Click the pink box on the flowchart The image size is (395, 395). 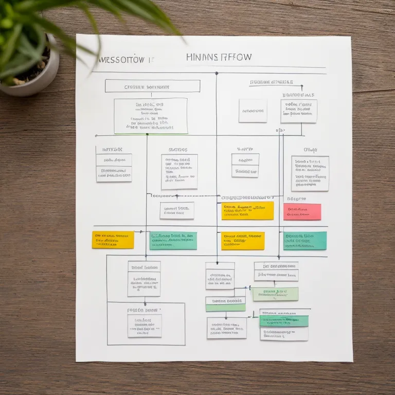pos(302,211)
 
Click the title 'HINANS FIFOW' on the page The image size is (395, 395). pos(219,57)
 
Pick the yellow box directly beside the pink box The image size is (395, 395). pos(247,211)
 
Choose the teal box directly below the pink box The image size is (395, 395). pos(305,240)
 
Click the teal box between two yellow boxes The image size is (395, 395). pos(173,240)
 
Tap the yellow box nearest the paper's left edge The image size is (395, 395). pos(113,240)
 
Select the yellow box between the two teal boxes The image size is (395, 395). pos(243,241)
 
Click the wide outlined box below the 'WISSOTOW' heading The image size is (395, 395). pos(152,86)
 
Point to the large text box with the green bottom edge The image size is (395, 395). pos(150,116)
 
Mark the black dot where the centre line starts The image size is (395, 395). pos(216,73)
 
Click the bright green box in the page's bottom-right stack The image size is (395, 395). pos(284,321)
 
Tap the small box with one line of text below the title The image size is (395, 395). pos(253,111)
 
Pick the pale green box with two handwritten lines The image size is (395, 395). pos(275,294)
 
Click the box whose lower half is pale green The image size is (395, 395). pos(225,303)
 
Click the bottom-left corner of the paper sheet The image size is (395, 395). pos(77,361)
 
